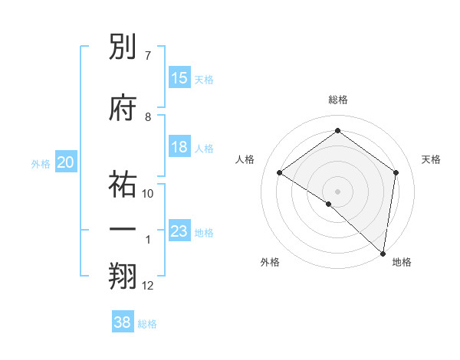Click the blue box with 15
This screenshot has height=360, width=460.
coord(179,78)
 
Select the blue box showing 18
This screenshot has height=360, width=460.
coord(179,147)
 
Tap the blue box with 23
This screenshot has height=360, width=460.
coord(179,231)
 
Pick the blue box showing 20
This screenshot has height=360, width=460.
coord(66,162)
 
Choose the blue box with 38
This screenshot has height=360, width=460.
coord(123,322)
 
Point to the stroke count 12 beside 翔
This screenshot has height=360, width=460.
coord(148,286)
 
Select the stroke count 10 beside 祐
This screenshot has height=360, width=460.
coord(148,193)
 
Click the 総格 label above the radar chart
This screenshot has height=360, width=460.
coord(337,100)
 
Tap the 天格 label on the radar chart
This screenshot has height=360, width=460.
coord(431,159)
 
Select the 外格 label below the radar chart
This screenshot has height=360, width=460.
coord(270,263)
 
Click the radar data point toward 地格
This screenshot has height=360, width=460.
coord(383,253)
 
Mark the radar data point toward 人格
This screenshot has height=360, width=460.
coord(280,172)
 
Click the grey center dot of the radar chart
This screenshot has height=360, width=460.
coord(337,190)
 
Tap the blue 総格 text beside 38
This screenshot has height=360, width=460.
coord(147,324)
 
